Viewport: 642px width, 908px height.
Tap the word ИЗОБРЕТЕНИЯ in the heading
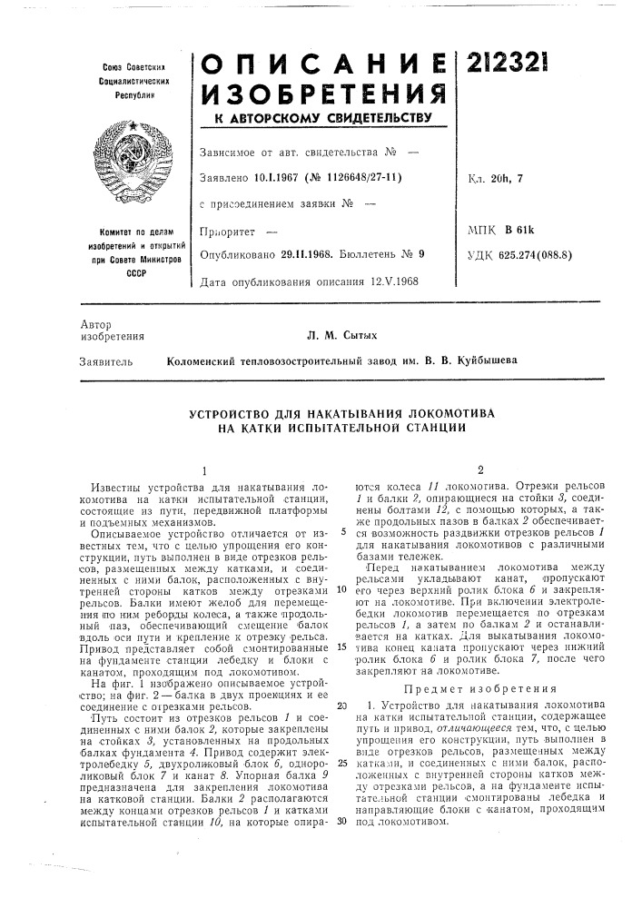coord(324,93)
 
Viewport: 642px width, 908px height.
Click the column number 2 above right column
coord(479,469)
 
